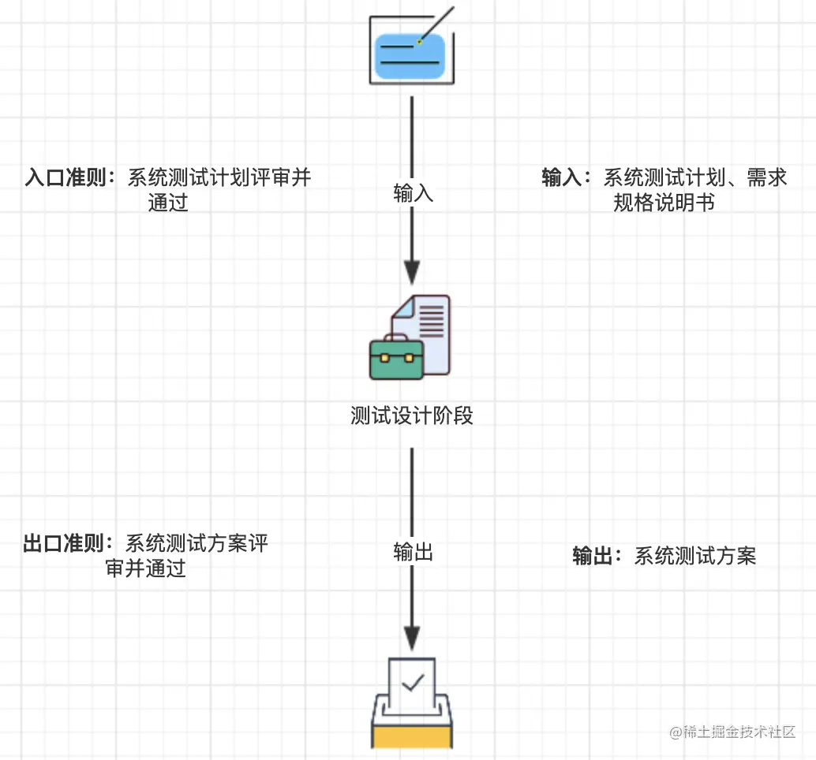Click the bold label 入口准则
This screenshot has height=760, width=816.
tap(66, 178)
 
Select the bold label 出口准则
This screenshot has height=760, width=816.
tap(64, 544)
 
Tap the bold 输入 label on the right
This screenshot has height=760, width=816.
tap(562, 178)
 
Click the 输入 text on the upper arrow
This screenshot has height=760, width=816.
tap(414, 193)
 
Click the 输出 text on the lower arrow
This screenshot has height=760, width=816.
tap(414, 552)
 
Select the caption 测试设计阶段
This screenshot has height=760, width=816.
tap(412, 415)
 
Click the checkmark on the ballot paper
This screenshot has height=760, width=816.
tap(414, 683)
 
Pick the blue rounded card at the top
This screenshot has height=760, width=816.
tap(410, 57)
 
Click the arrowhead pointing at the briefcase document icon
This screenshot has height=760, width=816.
tap(412, 273)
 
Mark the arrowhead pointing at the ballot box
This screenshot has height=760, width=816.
tap(412, 639)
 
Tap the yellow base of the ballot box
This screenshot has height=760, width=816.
tap(412, 737)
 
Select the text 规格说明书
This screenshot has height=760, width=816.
tap(664, 203)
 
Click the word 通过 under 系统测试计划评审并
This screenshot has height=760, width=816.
tap(167, 203)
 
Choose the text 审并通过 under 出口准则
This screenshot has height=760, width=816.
tap(146, 568)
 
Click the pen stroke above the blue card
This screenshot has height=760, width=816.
tap(436, 24)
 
